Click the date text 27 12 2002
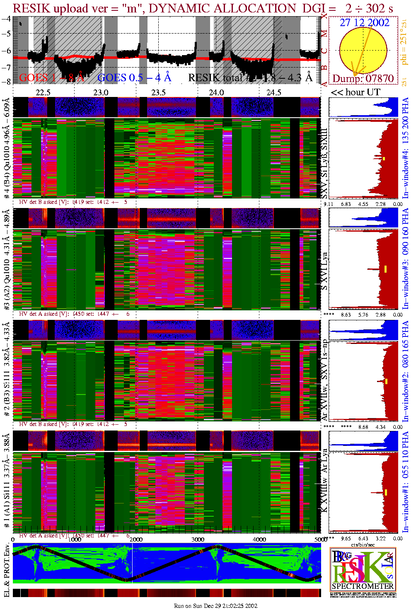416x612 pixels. [365, 23]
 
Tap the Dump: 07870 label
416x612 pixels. [363, 78]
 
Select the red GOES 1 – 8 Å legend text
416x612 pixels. [51, 77]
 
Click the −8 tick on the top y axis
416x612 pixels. [6, 82]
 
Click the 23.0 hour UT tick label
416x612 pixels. [101, 92]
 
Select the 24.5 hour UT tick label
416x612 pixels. [274, 92]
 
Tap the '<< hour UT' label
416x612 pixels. [355, 92]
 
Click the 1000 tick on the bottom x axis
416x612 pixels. [75, 539]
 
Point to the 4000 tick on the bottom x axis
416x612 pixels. [259, 539]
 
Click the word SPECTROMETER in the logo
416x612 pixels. [363, 586]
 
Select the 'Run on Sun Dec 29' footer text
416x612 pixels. [215, 606]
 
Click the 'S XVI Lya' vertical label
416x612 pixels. [324, 271]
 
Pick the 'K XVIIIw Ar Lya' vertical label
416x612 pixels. [324, 481]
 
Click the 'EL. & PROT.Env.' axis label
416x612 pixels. [7, 571]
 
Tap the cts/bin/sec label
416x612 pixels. [363, 545]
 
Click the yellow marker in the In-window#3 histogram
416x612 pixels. [385, 269]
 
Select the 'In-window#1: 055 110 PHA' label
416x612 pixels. [405, 481]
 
